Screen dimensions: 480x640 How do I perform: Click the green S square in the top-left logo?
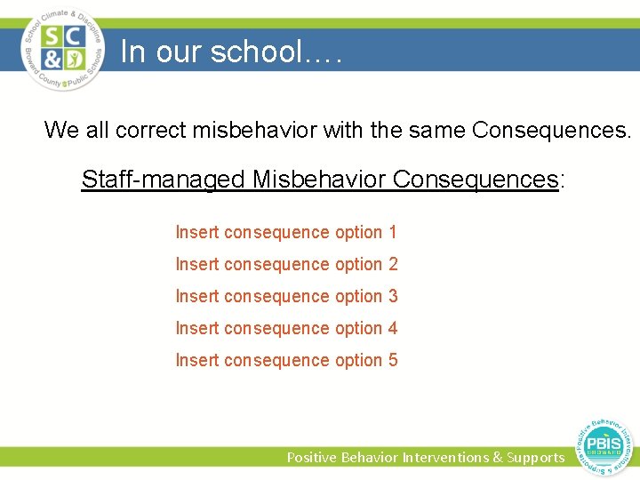click(x=52, y=37)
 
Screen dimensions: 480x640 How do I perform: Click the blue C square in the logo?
click(x=74, y=37)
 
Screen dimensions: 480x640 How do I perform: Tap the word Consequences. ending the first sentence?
click(x=552, y=131)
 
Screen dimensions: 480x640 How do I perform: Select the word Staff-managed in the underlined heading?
click(x=164, y=180)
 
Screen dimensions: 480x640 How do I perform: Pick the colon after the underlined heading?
click(x=562, y=180)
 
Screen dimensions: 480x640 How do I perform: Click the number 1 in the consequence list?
click(x=392, y=232)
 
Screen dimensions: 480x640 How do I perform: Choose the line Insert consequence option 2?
click(x=286, y=264)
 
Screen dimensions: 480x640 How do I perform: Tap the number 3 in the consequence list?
click(x=392, y=296)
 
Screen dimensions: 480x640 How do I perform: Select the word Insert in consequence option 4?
click(x=196, y=328)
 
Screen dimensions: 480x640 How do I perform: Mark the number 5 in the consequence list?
click(x=392, y=360)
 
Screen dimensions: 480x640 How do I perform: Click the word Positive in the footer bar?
click(x=311, y=457)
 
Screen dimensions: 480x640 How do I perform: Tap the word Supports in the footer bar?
click(x=535, y=457)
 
